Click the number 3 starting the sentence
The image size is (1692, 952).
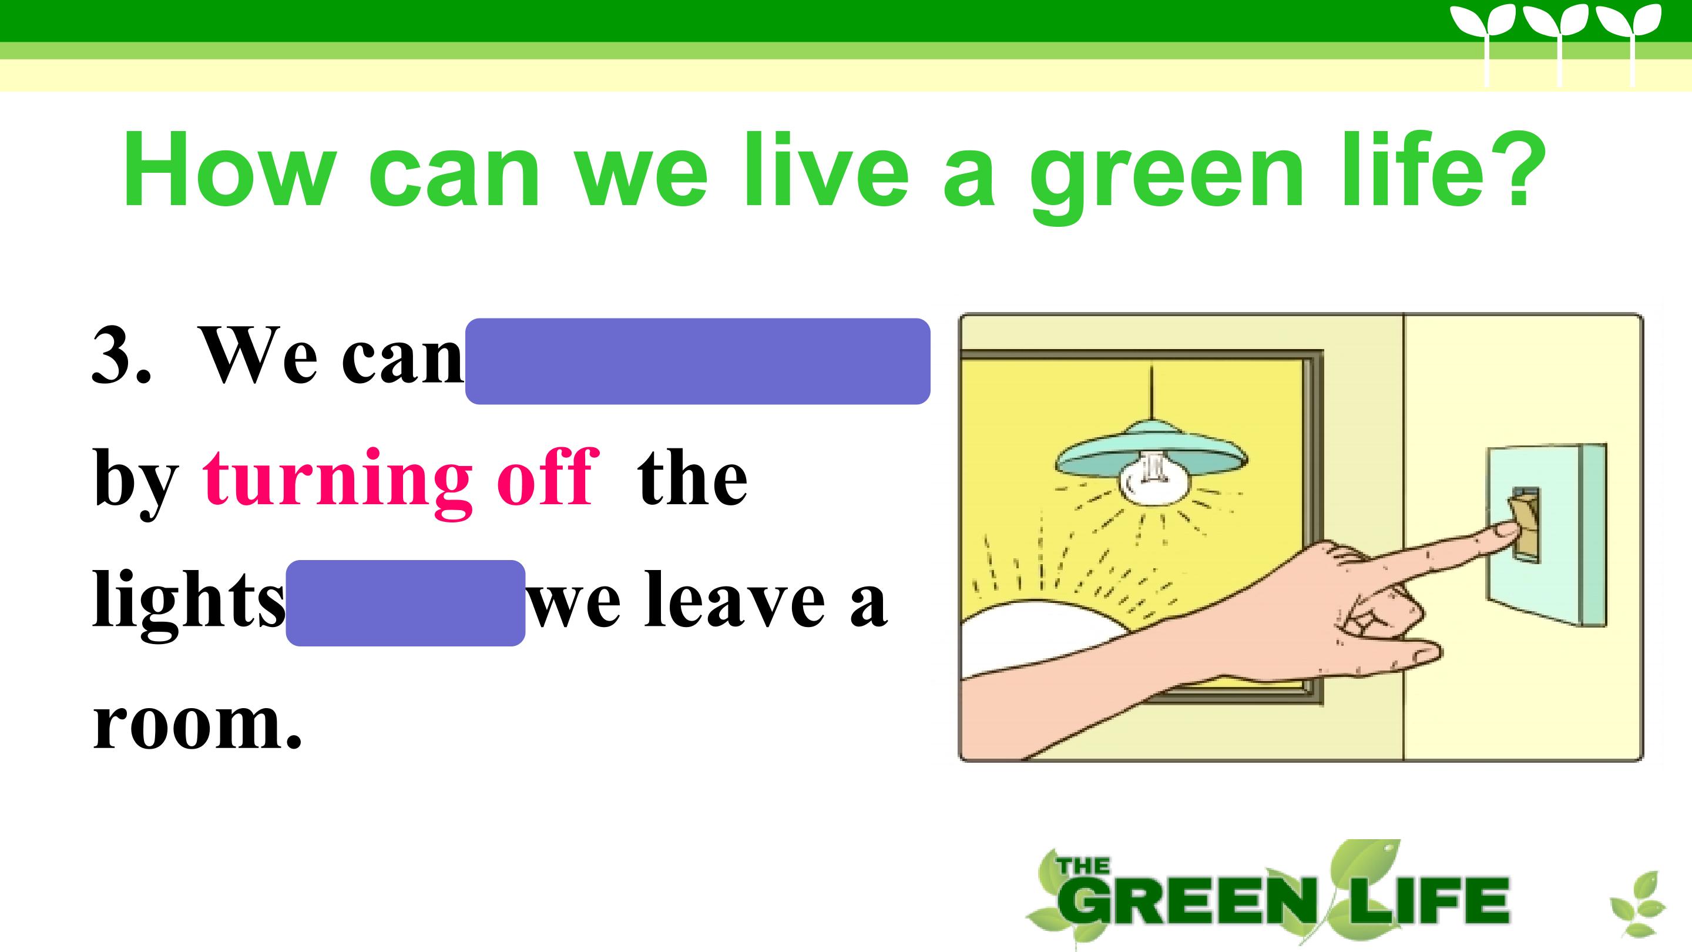pos(113,355)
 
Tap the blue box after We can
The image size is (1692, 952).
pos(697,361)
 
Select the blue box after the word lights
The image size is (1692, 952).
pos(405,602)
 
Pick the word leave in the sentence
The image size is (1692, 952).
pos(734,599)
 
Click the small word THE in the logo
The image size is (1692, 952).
pos(1083,866)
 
